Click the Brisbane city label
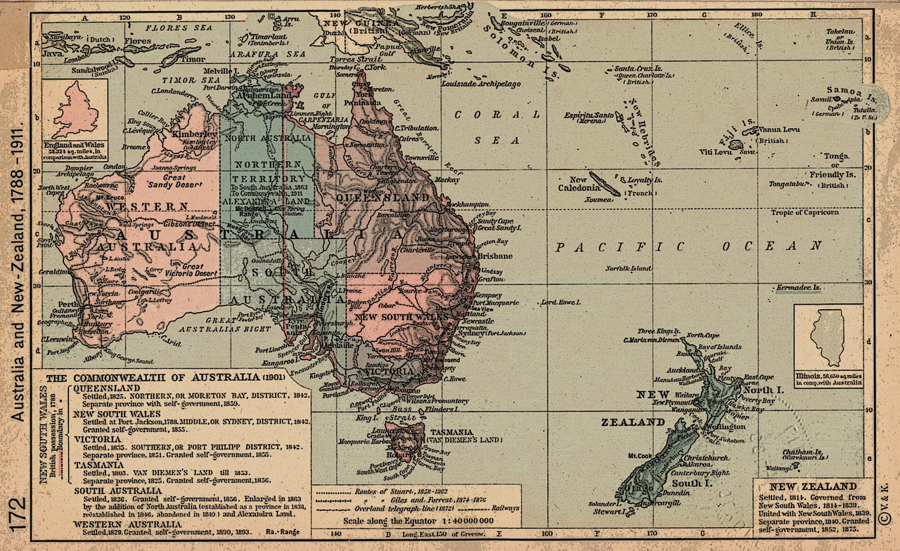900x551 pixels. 496,257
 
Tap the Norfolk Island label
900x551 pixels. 629,269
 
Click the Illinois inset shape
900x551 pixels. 828,336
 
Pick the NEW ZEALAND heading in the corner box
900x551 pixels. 813,486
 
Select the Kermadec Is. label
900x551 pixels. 799,288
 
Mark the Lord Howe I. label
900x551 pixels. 560,303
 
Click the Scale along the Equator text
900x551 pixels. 418,521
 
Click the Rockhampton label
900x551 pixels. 471,204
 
